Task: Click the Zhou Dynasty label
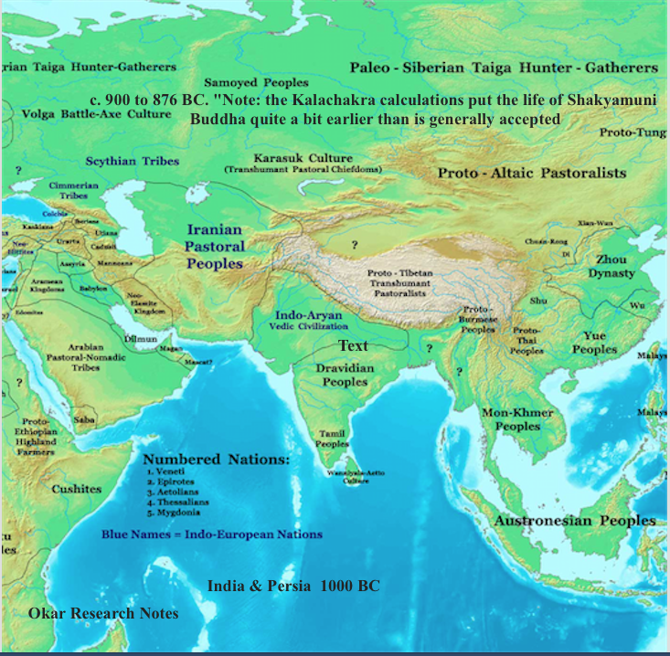pos(612,266)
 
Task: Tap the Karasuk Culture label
pos(303,162)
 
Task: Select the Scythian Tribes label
pos(133,161)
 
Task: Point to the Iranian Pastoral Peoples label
pos(216,247)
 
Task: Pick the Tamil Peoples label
pos(332,439)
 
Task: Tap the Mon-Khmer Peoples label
pos(517,419)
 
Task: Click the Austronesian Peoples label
pos(575,521)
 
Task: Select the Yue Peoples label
pos(594,343)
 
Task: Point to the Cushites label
pos(76,489)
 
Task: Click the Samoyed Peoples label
pos(256,82)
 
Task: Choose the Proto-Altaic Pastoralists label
pos(531,173)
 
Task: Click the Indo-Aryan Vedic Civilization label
pos(309,320)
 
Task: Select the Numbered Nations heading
pos(217,459)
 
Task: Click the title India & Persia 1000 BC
pos(293,586)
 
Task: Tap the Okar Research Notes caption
pos(103,613)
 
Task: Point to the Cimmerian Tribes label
pos(74,190)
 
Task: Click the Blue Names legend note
pos(211,534)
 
